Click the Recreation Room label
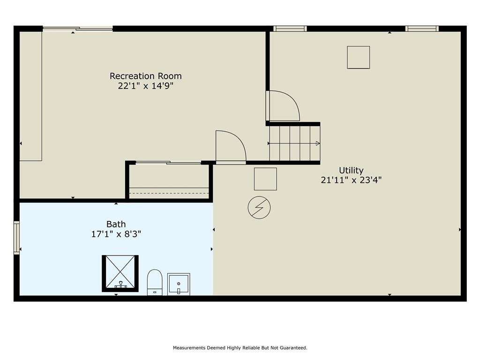click(146, 76)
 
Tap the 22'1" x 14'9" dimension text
click(146, 86)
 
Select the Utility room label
click(351, 170)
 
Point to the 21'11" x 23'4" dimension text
click(351, 180)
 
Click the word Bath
click(116, 224)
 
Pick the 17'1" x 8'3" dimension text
click(116, 234)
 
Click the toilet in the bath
click(155, 282)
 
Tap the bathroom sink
click(179, 285)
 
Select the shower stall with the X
click(120, 273)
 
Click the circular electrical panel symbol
click(259, 208)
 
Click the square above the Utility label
click(358, 57)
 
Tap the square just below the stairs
click(265, 179)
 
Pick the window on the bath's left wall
click(16, 238)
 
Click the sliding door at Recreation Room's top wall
click(78, 29)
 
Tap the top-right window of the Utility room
click(422, 29)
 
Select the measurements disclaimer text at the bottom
click(240, 348)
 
